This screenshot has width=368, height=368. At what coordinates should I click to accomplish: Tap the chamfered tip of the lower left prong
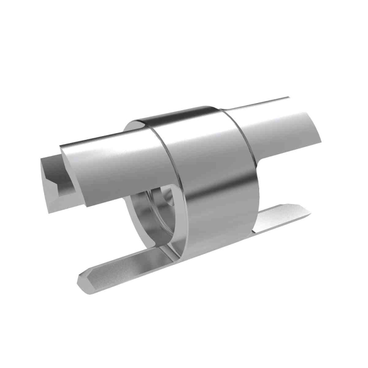[84, 281]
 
